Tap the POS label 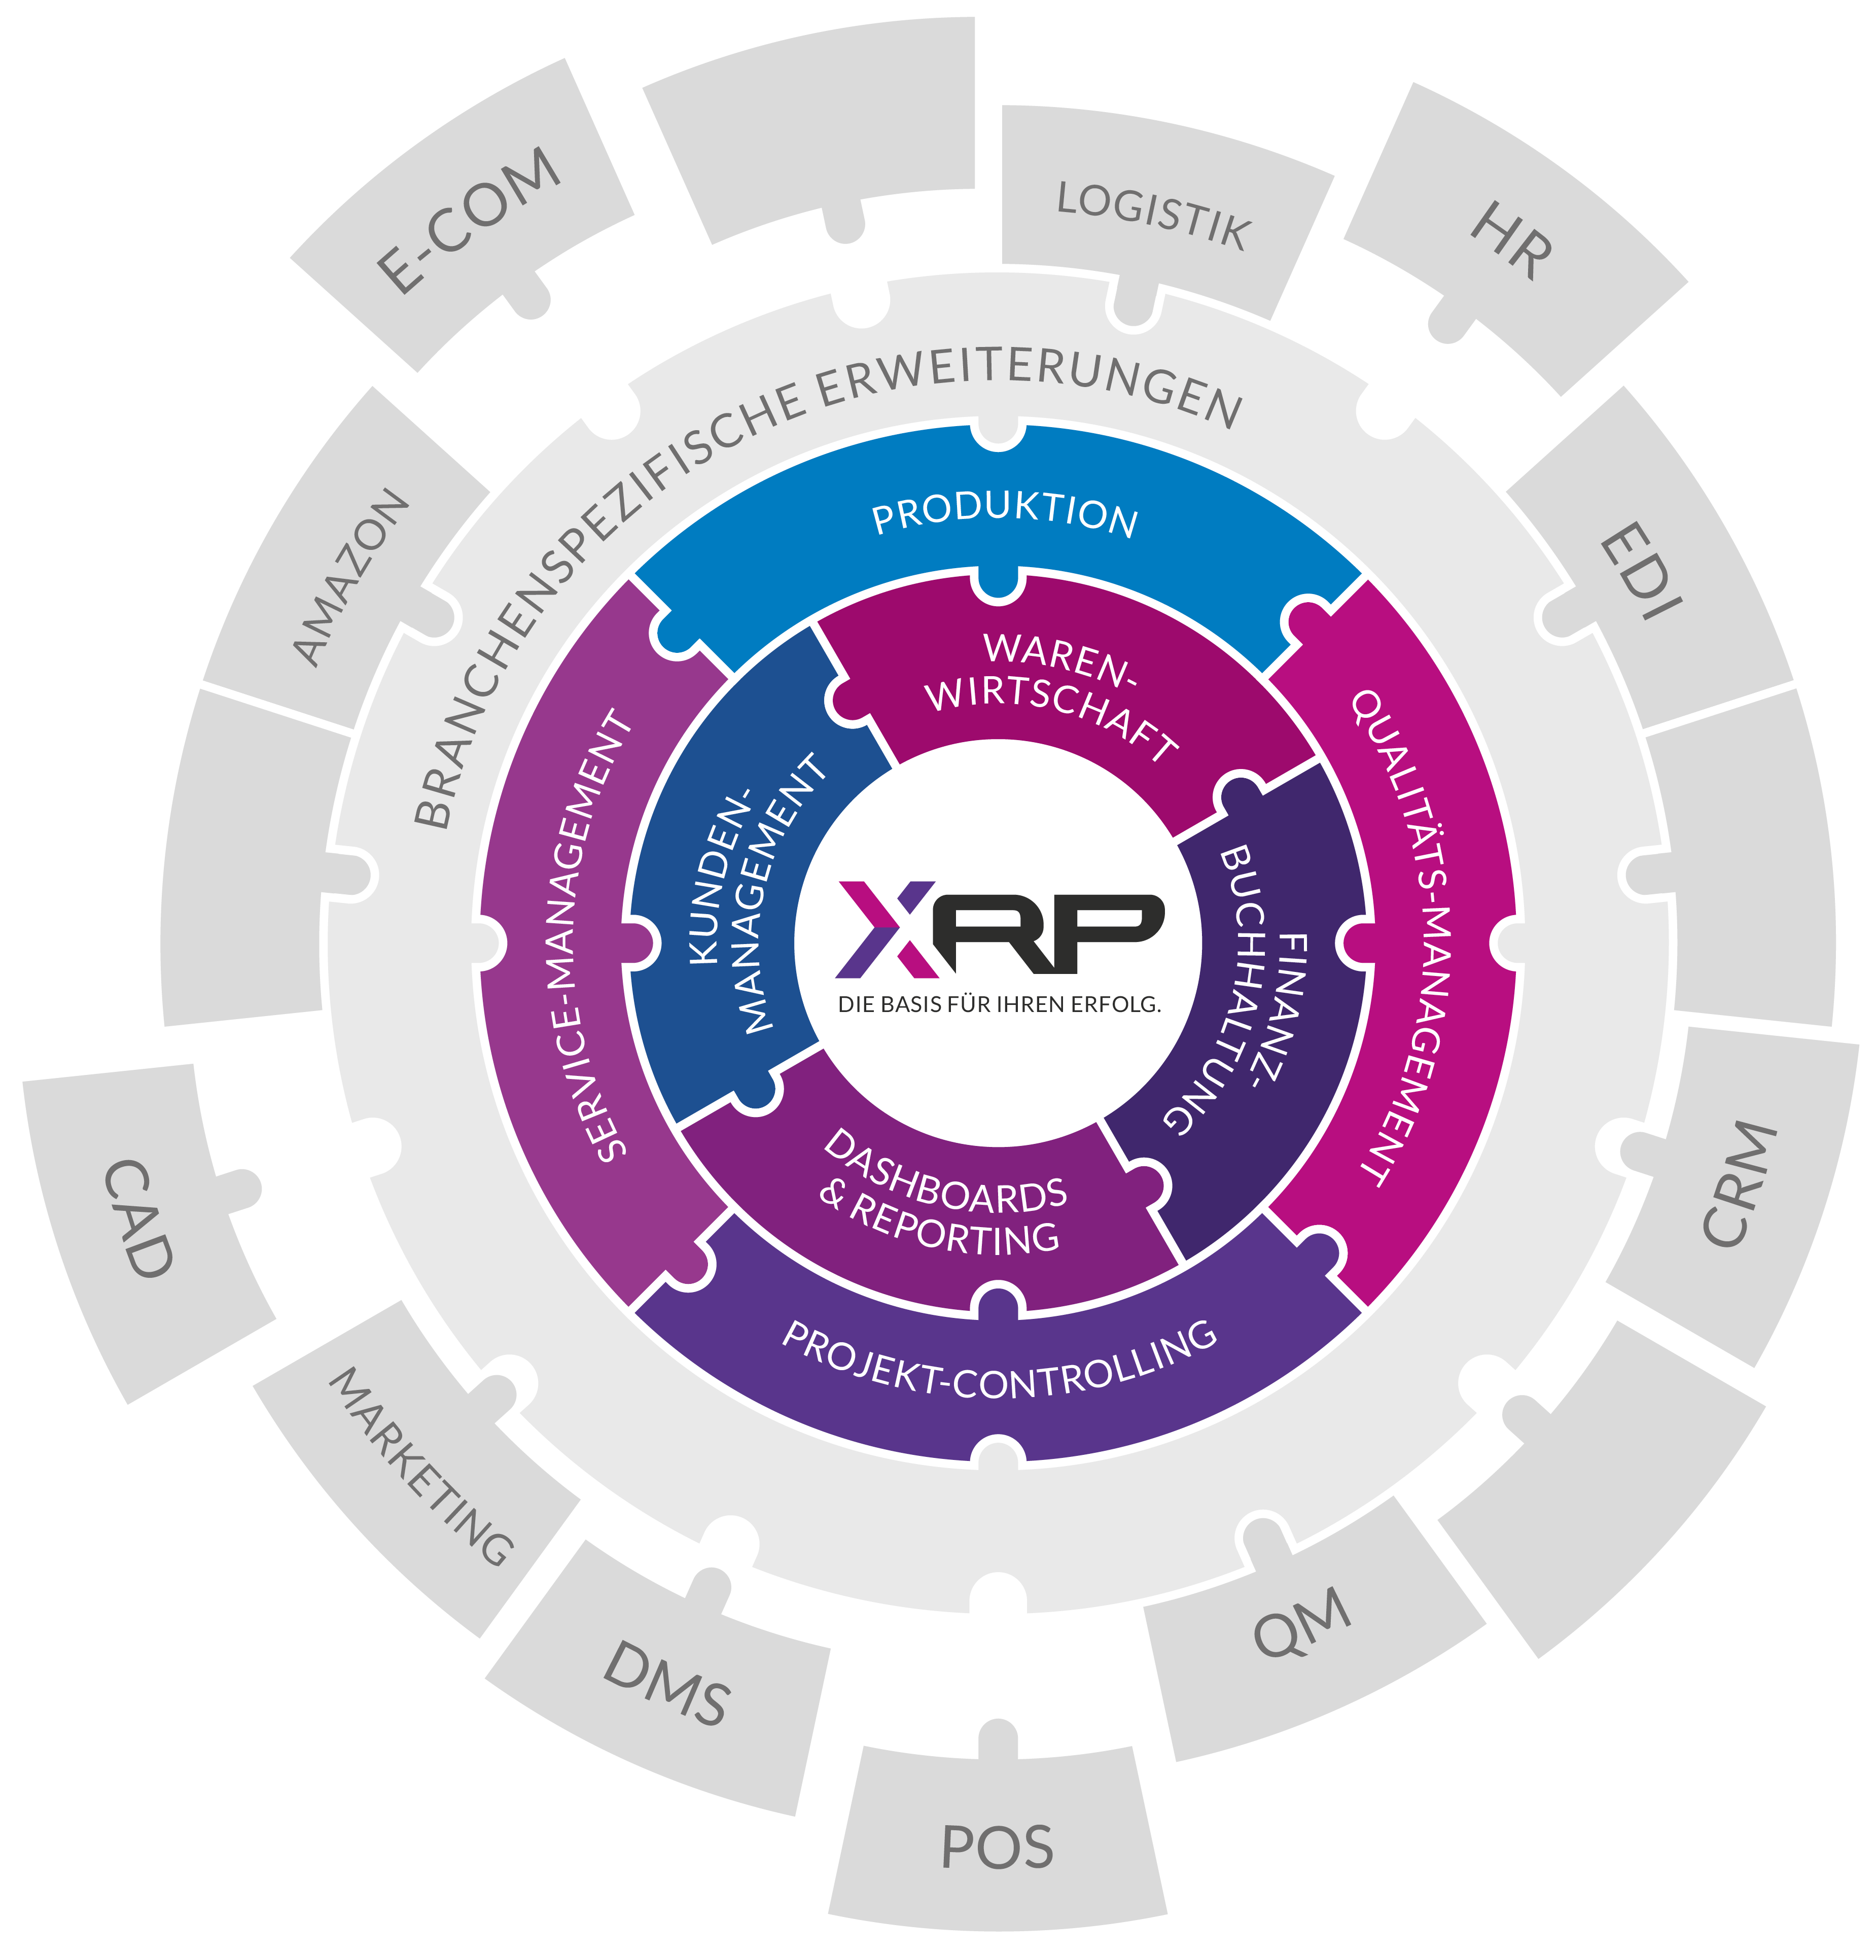tap(997, 1848)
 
